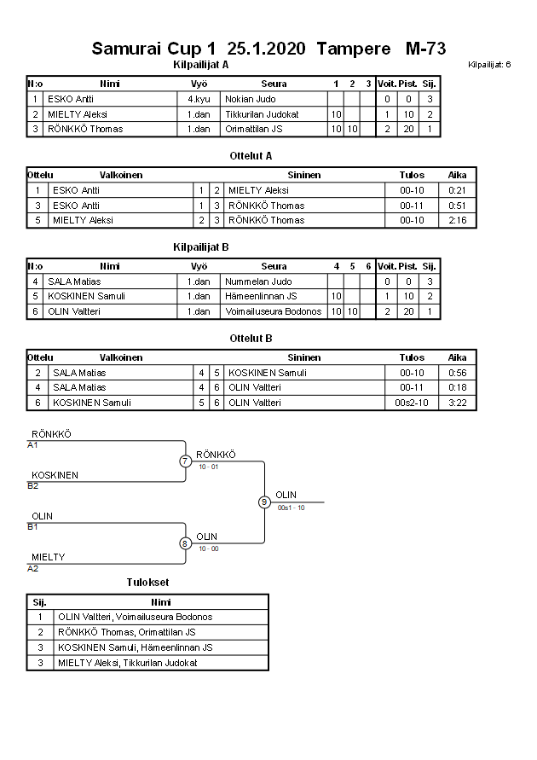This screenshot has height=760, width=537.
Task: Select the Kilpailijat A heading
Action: [200, 64]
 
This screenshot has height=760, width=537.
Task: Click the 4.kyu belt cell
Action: [199, 99]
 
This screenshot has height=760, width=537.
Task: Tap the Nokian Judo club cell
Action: [251, 99]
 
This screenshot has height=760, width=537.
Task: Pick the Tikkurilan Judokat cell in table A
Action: [263, 114]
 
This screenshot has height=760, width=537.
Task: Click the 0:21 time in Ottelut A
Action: [458, 190]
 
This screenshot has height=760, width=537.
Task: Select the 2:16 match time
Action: [458, 220]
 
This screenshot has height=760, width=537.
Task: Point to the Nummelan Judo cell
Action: [258, 281]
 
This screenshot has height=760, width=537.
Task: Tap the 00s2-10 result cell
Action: [412, 403]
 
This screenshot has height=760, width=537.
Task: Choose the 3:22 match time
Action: [458, 403]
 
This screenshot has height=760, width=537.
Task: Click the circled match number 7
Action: [185, 461]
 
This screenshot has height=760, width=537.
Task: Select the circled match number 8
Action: [185, 542]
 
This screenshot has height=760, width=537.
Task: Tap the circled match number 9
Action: [264, 502]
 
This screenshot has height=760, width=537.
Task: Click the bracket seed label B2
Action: [32, 486]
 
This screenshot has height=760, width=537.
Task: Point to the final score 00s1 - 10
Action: [291, 508]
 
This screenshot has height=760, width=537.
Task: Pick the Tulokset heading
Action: [148, 583]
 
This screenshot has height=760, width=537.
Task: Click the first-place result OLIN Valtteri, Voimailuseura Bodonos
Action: [136, 617]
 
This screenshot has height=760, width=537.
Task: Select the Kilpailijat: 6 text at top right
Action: [489, 65]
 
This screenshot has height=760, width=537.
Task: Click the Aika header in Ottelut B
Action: [458, 357]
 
